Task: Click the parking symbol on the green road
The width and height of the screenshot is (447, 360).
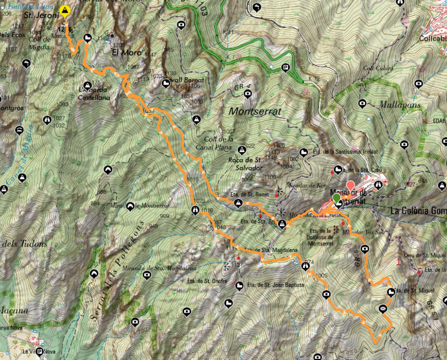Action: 285,69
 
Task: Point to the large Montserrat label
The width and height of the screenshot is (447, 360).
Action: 255,111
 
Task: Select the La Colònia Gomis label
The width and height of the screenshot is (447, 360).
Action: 418,210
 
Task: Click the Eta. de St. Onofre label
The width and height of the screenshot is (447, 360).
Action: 216,281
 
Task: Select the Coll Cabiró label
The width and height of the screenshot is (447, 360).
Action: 377,68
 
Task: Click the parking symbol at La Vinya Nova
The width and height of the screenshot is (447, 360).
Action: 40,351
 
